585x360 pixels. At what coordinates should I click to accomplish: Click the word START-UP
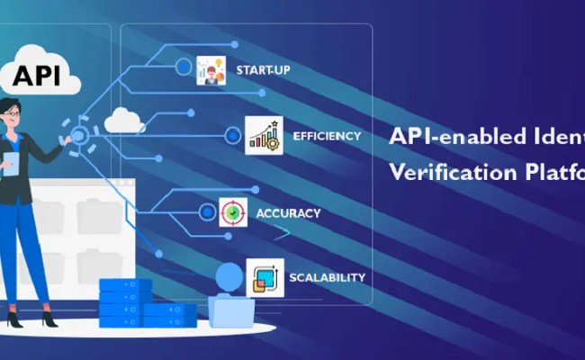coord(263,69)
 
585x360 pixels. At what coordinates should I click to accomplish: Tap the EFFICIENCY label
coord(327,137)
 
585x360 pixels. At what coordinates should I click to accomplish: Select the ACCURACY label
coord(288,213)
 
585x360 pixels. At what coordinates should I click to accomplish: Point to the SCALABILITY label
coord(327,277)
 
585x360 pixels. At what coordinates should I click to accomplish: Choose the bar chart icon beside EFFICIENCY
coord(264,136)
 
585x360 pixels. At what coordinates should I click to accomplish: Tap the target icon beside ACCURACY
coord(233,213)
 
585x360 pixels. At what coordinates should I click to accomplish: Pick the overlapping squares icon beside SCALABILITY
coord(264,276)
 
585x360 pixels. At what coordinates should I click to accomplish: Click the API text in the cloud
coord(38,76)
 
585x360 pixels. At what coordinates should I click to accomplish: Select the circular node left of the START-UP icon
coord(184,66)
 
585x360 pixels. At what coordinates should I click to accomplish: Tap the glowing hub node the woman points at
coord(79,136)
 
